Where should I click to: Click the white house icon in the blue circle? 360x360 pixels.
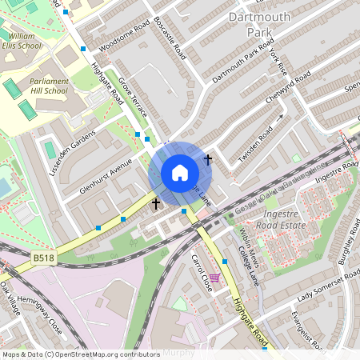(x=180, y=172)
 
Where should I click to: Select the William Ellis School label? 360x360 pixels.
(x=22, y=41)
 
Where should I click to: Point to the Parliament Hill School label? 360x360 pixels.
(x=49, y=86)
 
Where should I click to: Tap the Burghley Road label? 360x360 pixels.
(x=345, y=249)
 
